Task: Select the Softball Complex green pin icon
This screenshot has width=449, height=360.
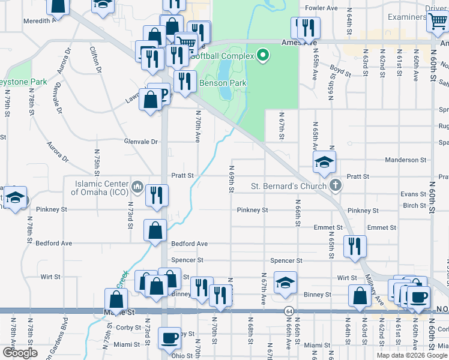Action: pyautogui.click(x=262, y=56)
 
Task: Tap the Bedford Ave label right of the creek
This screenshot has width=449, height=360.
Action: pyautogui.click(x=189, y=244)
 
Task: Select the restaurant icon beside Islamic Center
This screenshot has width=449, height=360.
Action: pyautogui.click(x=156, y=195)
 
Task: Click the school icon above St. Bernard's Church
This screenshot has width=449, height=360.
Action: pyautogui.click(x=324, y=162)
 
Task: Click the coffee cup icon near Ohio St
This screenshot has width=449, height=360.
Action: pyautogui.click(x=170, y=338)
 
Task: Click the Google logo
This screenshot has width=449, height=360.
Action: pyautogui.click(x=20, y=352)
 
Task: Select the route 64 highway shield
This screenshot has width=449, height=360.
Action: pyautogui.click(x=289, y=311)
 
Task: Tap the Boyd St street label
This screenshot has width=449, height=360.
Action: pyautogui.click(x=340, y=71)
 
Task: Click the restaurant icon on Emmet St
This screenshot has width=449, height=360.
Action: pyautogui.click(x=355, y=246)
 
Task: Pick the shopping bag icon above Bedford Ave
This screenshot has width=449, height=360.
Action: pyautogui.click(x=155, y=230)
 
